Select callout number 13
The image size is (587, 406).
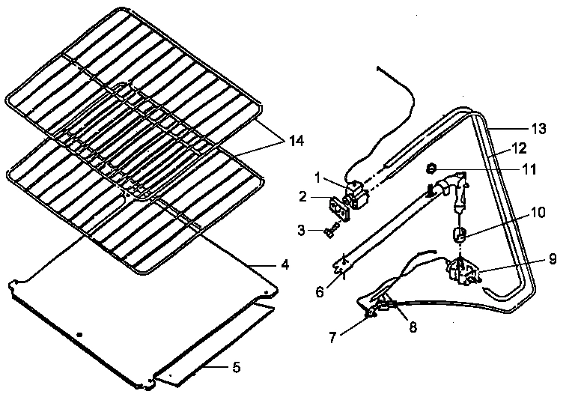(x=538, y=129)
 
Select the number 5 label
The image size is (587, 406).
(x=235, y=367)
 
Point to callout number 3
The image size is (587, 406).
(x=301, y=230)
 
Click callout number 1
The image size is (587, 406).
(x=318, y=178)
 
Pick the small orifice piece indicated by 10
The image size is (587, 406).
(x=459, y=237)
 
